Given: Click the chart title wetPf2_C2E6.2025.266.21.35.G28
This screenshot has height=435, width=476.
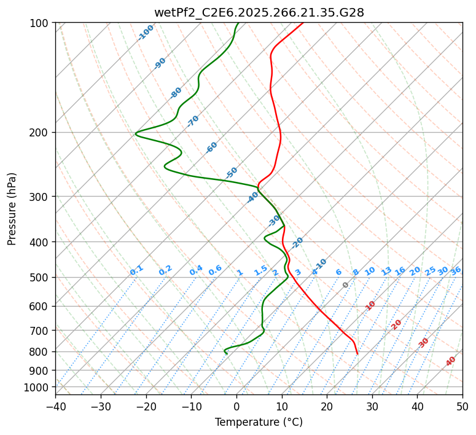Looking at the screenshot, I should pyautogui.click(x=259, y=12).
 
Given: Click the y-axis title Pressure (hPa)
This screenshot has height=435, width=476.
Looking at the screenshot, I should pyautogui.click(x=12, y=208).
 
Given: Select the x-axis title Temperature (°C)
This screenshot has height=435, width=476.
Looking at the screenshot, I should pyautogui.click(x=259, y=423).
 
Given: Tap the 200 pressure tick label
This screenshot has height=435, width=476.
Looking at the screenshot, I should pyautogui.click(x=41, y=133).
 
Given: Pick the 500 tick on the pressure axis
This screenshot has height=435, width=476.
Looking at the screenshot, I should pyautogui.click(x=41, y=278).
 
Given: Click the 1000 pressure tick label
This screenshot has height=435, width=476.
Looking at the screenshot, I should pyautogui.click(x=38, y=388).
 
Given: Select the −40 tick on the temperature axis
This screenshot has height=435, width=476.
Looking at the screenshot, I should pyautogui.click(x=55, y=406).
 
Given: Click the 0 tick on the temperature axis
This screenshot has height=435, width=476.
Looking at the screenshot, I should pyautogui.click(x=236, y=406).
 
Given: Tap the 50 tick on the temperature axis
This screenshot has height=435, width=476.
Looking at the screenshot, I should pyautogui.click(x=462, y=406).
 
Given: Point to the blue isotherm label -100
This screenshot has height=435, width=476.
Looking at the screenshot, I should pyautogui.click(x=146, y=32).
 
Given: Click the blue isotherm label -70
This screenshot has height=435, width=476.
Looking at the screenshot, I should pyautogui.click(x=193, y=120).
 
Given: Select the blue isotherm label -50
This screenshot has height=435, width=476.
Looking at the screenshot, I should pyautogui.click(x=232, y=173).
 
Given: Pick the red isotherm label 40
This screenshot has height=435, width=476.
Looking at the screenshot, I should pyautogui.click(x=451, y=361).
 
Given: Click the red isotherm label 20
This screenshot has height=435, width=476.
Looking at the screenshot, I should pyautogui.click(x=397, y=324).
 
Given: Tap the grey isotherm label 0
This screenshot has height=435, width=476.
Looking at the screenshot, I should pyautogui.click(x=346, y=285).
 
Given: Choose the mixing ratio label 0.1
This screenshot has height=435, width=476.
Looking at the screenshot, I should pyautogui.click(x=136, y=270).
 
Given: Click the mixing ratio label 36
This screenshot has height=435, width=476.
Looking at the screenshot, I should pyautogui.click(x=456, y=270).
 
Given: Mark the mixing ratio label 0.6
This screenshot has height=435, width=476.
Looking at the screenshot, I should pyautogui.click(x=215, y=270).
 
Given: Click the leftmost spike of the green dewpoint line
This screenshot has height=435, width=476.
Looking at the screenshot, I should pyautogui.click(x=136, y=133).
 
